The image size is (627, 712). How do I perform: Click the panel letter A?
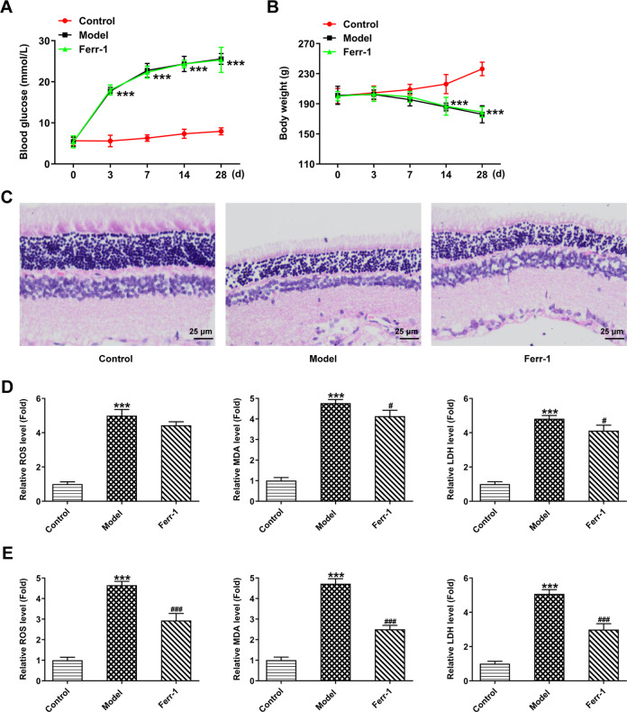tap(9, 9)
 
